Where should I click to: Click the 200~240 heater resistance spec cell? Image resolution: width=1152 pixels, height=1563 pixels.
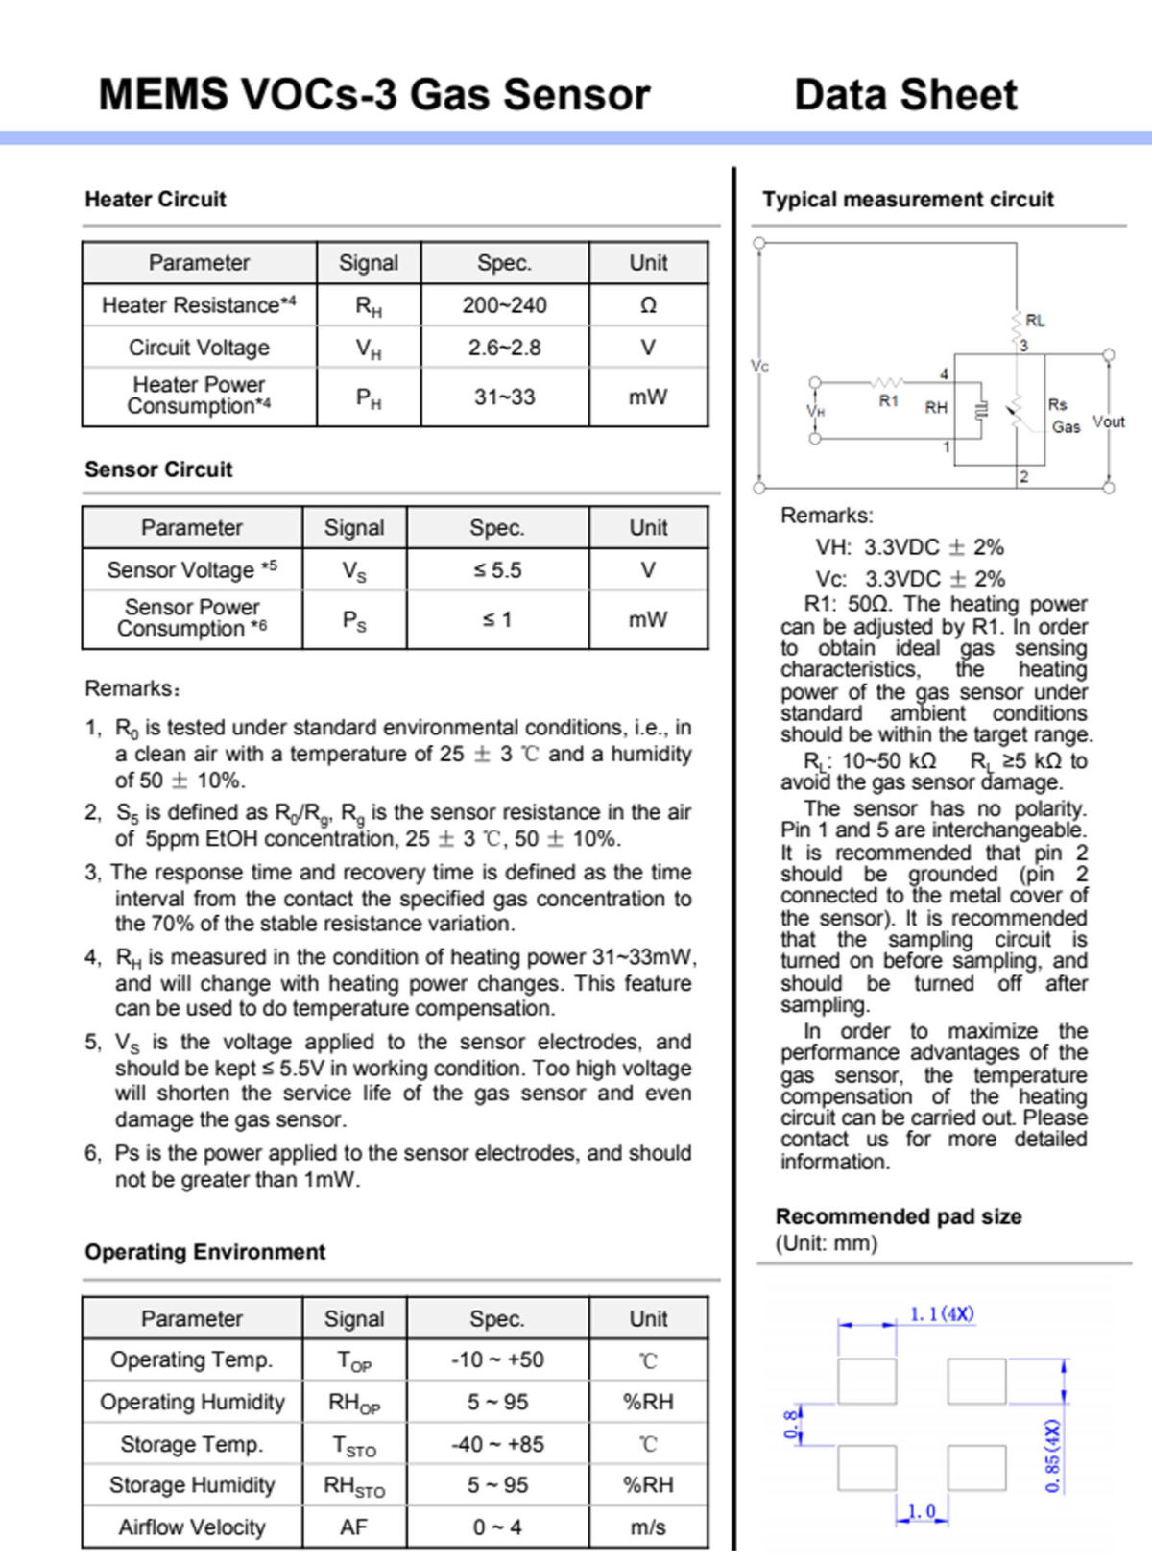coord(504,305)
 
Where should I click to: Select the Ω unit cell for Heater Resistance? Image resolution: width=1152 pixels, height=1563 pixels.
coord(648,305)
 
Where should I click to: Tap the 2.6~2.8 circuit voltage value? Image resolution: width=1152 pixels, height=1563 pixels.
coord(504,348)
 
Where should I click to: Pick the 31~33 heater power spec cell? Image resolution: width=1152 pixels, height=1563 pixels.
coord(504,397)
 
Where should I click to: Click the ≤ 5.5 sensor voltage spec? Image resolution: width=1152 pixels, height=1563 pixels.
coord(497,570)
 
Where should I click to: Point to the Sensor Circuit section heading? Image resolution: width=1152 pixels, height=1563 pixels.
coord(158,469)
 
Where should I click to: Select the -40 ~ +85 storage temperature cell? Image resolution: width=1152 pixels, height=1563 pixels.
coord(497,1444)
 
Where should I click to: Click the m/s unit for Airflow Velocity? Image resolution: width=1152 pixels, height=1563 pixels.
coord(648,1527)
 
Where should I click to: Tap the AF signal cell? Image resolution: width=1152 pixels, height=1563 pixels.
coord(353,1527)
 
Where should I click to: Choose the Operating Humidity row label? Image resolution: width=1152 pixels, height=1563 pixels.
coord(192,1403)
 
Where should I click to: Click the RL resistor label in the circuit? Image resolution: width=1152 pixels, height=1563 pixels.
coord(1035,321)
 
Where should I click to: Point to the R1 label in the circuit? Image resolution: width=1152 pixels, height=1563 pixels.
coord(889,400)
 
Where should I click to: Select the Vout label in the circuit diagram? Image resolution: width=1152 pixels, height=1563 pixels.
coord(1109,422)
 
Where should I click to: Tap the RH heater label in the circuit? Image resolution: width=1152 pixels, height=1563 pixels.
coord(936,407)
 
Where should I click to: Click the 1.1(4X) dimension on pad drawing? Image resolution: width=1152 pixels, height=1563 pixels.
coord(942,1313)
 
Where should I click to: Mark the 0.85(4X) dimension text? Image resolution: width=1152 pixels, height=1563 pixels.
coord(1052,1455)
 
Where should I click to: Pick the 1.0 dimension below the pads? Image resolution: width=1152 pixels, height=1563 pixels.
coord(922,1511)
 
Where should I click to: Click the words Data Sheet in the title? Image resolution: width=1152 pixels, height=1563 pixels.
coord(905,95)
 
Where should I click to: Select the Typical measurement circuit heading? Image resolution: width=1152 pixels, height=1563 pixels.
coord(907,200)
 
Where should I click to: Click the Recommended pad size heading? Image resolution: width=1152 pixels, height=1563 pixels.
coord(898,1216)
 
